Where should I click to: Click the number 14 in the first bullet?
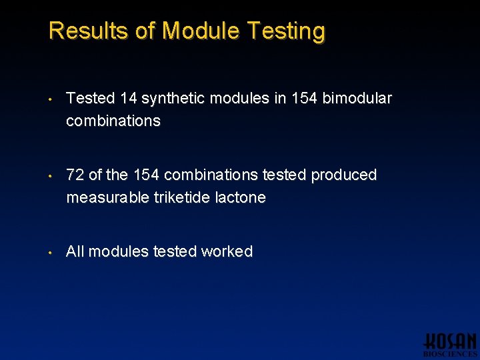pos(129,99)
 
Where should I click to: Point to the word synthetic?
pos(174,99)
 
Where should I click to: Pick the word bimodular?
pos(357,99)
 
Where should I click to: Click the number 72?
pos(75,175)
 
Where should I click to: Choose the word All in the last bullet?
pos(75,252)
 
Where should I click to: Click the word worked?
pos(227,252)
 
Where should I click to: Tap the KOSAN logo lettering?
pos(451,340)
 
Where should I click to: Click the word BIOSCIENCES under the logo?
pos(451,354)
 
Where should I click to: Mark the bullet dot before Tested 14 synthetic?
pos(51,100)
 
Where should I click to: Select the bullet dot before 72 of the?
pos(51,177)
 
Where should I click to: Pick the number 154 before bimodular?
pos(303,99)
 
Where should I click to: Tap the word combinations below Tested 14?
pos(113,121)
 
